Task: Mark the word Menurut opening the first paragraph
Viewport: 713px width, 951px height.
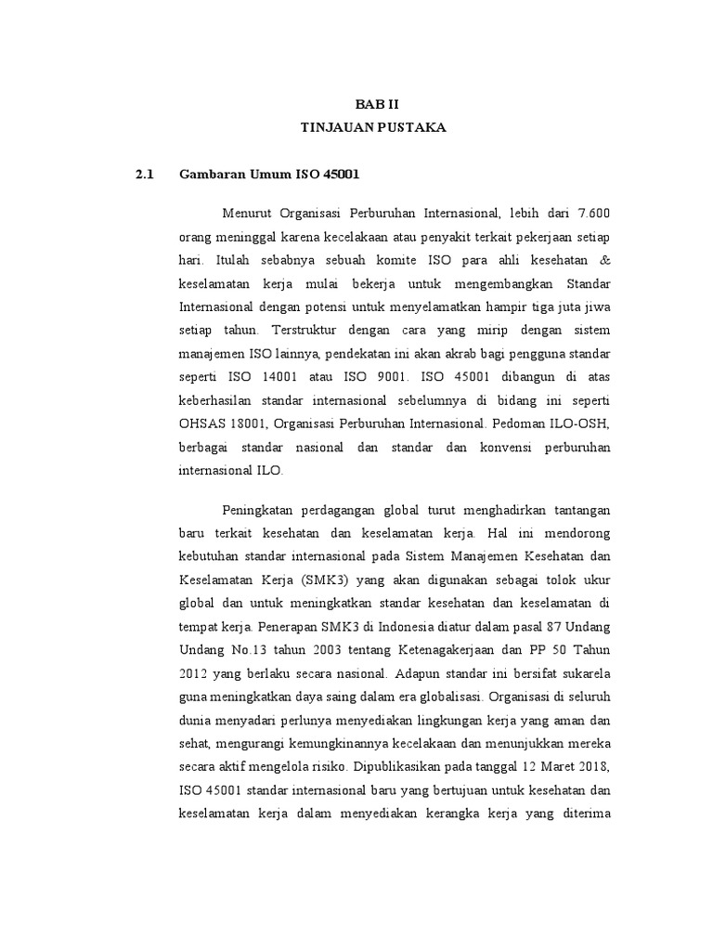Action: tap(249, 214)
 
